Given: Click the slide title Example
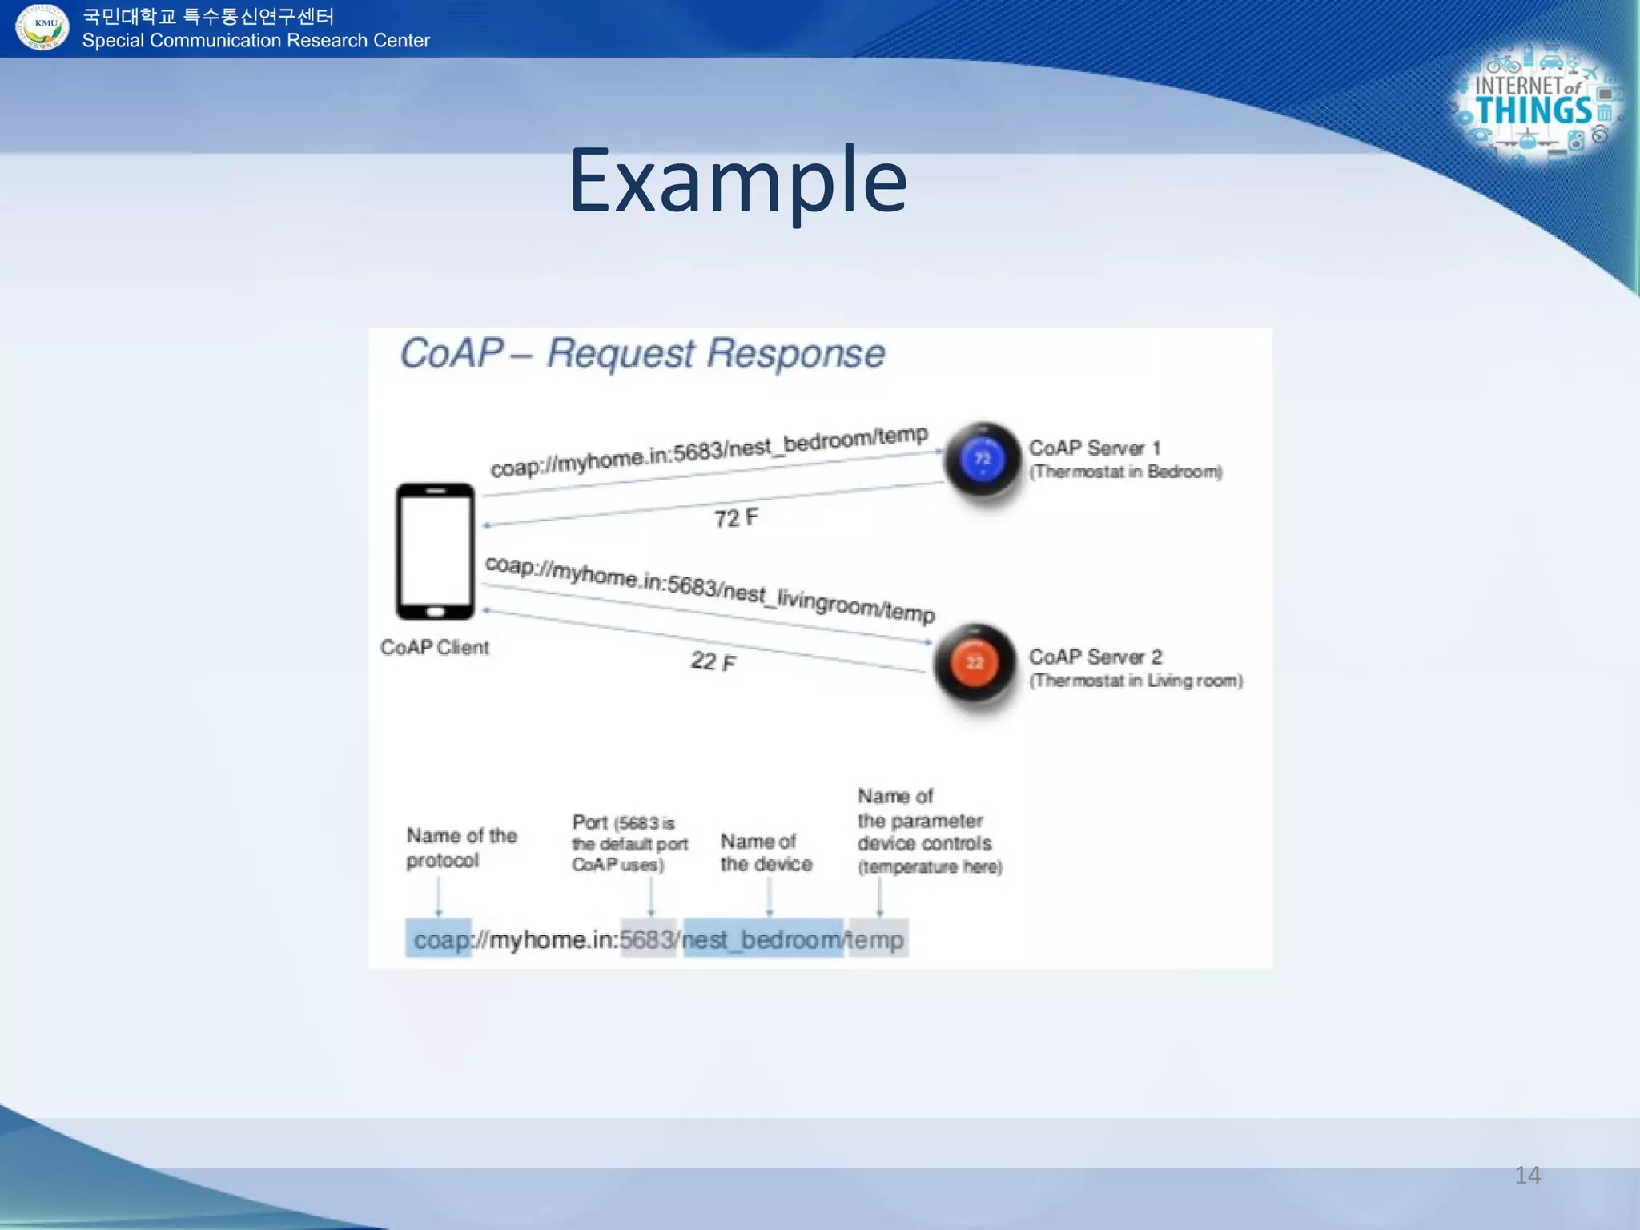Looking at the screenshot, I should pos(738,181).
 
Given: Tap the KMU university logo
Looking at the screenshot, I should pos(43,27).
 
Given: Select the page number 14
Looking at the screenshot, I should pos(1527,1175).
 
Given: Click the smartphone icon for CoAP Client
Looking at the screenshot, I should pos(435,551).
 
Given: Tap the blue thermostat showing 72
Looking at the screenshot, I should pos(983,460).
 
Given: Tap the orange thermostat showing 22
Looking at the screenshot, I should pos(975,663).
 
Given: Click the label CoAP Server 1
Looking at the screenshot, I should pos(1094,448).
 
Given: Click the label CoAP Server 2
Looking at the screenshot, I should pos(1095,657).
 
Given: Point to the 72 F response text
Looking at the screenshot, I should pos(736,517).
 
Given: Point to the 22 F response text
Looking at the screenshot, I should pos(713,661).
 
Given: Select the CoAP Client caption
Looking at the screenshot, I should pos(434,647).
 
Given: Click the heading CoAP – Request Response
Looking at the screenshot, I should pos(642,353).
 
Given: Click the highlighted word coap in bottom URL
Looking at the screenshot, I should pos(440,939).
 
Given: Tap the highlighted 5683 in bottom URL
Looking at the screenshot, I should pos(649,939).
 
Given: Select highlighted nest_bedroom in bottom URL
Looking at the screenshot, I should pos(762,939).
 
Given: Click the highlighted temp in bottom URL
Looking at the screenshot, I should pos(877,939).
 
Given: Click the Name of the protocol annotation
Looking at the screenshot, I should pos(461,847).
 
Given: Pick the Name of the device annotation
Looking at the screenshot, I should pos(766,852).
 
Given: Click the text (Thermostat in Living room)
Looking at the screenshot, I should pos(1136,681).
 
